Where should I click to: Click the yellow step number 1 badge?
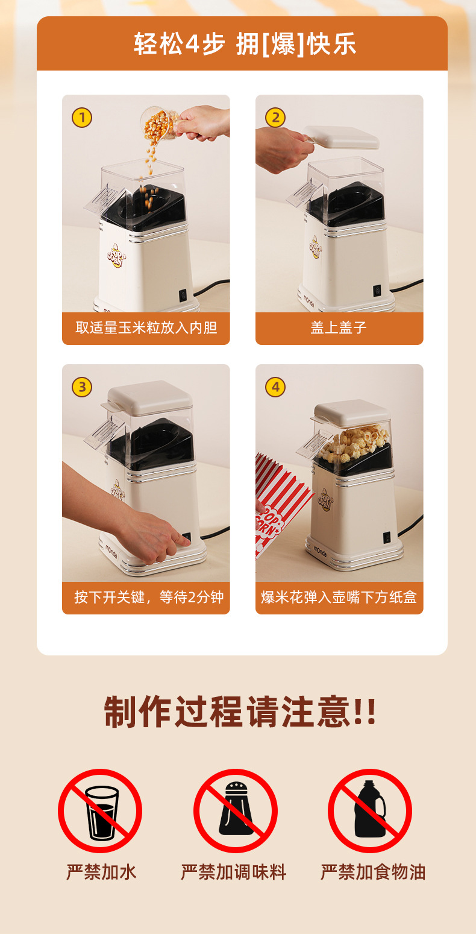pos(82,118)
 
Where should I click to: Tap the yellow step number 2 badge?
pos(275,118)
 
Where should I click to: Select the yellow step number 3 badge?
pos(82,387)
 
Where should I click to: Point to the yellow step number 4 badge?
pos(275,387)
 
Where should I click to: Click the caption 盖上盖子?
pos(339,327)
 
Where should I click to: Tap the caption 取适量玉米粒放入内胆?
pos(146,327)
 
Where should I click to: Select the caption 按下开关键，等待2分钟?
pos(149,597)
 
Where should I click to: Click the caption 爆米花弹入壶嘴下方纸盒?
pos(339,597)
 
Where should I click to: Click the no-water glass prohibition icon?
pos(100,810)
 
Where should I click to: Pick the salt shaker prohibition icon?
pos(236,810)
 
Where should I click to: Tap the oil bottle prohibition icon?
pos(370,810)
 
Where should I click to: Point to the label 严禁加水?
pos(101,872)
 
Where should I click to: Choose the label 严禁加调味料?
pos(233,872)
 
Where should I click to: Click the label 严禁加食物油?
pos(373,872)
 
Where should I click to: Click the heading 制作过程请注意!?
pos(240,712)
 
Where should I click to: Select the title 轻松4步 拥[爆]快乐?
pos(245,44)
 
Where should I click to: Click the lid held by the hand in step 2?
pos(341,137)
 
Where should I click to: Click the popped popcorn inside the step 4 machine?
pos(354,444)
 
